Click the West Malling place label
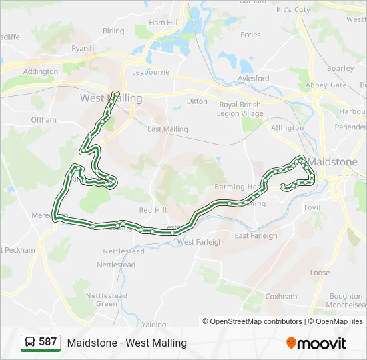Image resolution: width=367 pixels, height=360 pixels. pos(111,98)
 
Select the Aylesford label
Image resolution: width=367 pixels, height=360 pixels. pos(254,78)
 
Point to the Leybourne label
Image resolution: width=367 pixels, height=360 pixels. pos(151,72)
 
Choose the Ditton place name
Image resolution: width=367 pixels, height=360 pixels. pos(197,101)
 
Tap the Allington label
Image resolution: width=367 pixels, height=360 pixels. pos(287,127)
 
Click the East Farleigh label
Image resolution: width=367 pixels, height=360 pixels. pos(256,235)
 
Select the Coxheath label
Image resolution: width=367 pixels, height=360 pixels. pos(281,296)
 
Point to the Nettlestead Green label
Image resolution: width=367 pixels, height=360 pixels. pos(107,299)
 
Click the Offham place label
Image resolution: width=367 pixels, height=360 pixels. pos(44,120)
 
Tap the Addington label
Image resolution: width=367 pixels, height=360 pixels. pos(41,71)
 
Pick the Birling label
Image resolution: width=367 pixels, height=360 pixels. pos(113,31)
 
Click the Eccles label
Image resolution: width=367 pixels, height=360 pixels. pos(250,35)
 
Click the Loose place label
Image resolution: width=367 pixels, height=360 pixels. pos(320,273)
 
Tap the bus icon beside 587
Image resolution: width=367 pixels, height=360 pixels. pos(30,343)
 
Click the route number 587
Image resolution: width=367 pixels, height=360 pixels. pos(48,342)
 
